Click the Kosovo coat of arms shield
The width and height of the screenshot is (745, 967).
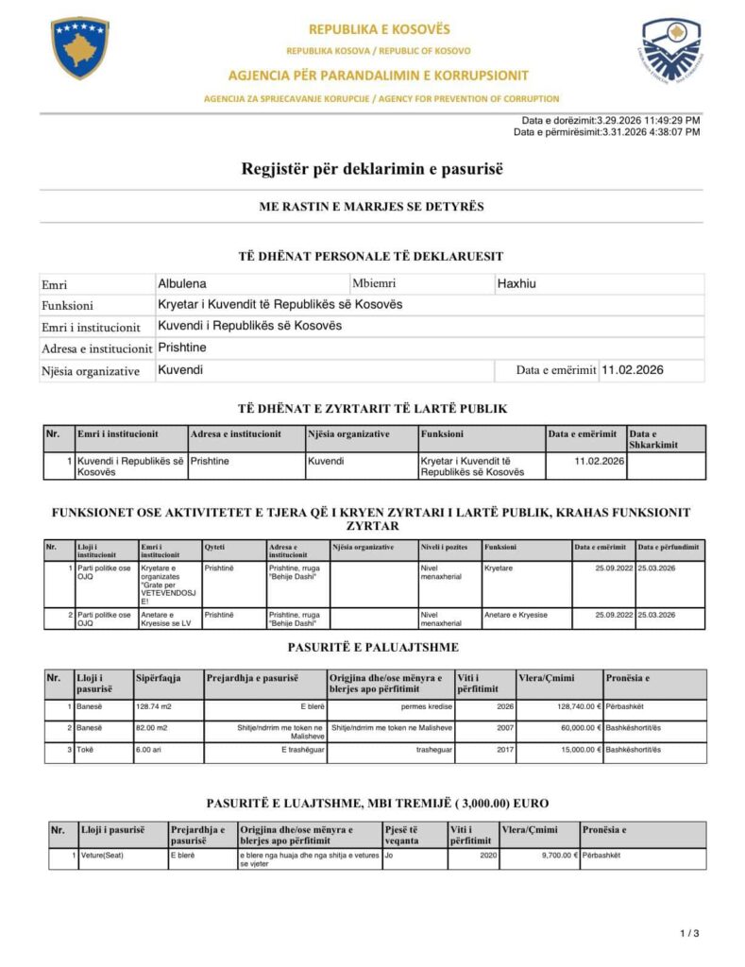80,47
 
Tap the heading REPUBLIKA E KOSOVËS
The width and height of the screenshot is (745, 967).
379,29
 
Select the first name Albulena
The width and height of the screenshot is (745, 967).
182,283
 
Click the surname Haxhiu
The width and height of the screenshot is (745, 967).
516,283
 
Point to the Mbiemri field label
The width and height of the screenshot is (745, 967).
374,283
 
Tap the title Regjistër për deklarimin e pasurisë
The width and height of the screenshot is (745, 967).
372,169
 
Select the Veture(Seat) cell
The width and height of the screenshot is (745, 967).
102,855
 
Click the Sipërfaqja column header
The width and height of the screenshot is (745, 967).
158,678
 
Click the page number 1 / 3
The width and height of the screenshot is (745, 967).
689,934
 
